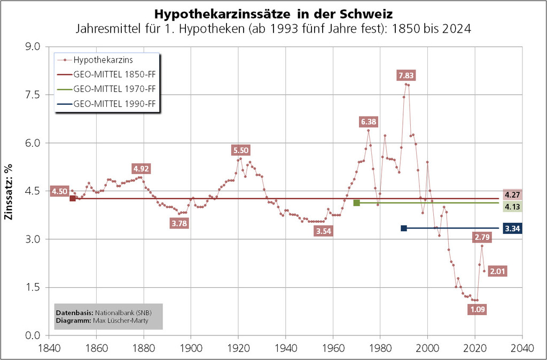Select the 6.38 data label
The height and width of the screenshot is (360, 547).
point(369,122)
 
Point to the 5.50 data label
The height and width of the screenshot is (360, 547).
point(240,150)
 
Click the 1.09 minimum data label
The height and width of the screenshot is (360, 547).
point(476,309)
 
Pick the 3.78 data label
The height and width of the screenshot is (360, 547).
point(179,223)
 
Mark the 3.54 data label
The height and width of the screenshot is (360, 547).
point(324,231)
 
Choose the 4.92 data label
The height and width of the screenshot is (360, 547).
point(141,169)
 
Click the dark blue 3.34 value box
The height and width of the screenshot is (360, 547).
point(512,229)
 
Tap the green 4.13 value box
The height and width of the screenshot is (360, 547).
point(512,207)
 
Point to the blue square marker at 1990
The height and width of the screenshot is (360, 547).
point(404,228)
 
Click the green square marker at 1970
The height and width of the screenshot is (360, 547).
point(356,203)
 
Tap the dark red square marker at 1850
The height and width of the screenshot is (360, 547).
point(73,199)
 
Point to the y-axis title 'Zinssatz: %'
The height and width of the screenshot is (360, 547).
point(9,191)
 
